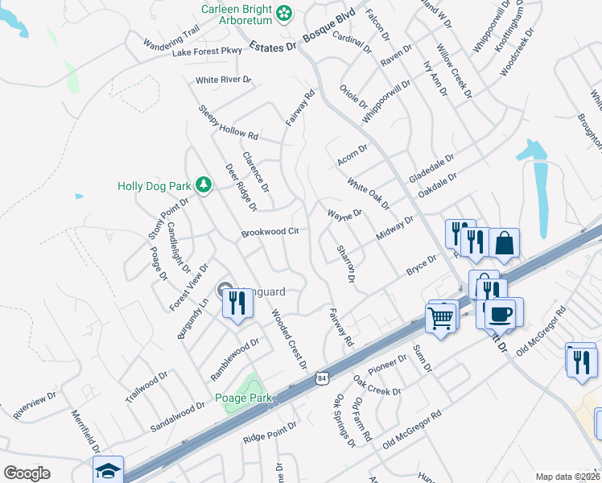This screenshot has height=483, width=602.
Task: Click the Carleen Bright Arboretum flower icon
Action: coord(283,12)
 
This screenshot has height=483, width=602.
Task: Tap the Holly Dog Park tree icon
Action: coord(204,185)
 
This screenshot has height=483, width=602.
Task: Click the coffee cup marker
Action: coord(502,312)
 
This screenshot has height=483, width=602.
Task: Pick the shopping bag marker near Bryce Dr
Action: coord(504,243)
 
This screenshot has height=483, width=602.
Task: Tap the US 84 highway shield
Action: coord(322,378)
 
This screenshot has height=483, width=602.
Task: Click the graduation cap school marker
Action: coord(109,470)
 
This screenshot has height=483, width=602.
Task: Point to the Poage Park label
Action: coord(244,398)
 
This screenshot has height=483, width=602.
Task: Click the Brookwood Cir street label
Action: coord(270,233)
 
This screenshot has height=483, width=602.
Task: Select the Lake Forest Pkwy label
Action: coord(207,52)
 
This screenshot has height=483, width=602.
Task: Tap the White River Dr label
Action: coord(224,80)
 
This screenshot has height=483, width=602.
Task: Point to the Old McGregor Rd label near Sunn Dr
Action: coord(412,429)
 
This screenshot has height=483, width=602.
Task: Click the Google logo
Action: coord(27,473)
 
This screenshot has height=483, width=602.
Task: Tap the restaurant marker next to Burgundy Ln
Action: coord(237,303)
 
